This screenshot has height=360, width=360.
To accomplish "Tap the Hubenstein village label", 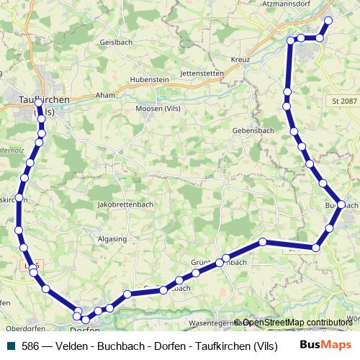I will pyautogui.click(x=148, y=79).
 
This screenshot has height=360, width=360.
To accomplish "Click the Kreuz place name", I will pyautogui.click(x=240, y=59).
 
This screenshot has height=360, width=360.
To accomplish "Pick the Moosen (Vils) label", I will pyautogui.click(x=157, y=109).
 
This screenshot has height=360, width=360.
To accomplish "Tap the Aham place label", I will pyautogui.click(x=105, y=95).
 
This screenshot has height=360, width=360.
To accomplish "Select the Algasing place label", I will pyautogui.click(x=112, y=238).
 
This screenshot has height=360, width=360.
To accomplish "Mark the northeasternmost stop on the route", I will pyautogui.click(x=328, y=20).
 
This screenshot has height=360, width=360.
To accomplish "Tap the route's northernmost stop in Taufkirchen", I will pyautogui.click(x=38, y=103).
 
